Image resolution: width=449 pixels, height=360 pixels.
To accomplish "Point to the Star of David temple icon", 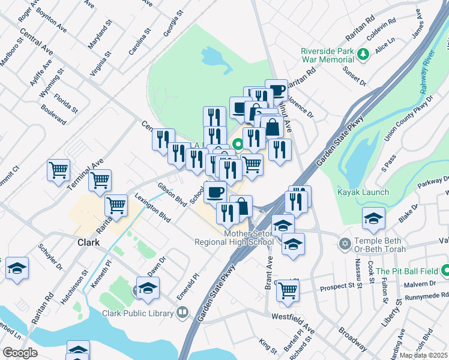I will click(x=344, y=244).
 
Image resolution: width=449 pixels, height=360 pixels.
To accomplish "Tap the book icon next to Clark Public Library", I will click(x=182, y=312).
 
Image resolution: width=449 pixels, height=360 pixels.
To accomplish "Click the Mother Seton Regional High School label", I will click(x=234, y=238).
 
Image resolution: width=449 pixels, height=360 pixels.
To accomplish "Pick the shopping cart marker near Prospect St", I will click(x=288, y=290).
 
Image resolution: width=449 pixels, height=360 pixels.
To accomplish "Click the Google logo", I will click(x=20, y=353).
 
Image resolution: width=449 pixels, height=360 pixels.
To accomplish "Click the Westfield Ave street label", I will click(x=293, y=316).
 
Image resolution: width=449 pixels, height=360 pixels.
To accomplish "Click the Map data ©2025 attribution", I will click(x=424, y=355).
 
